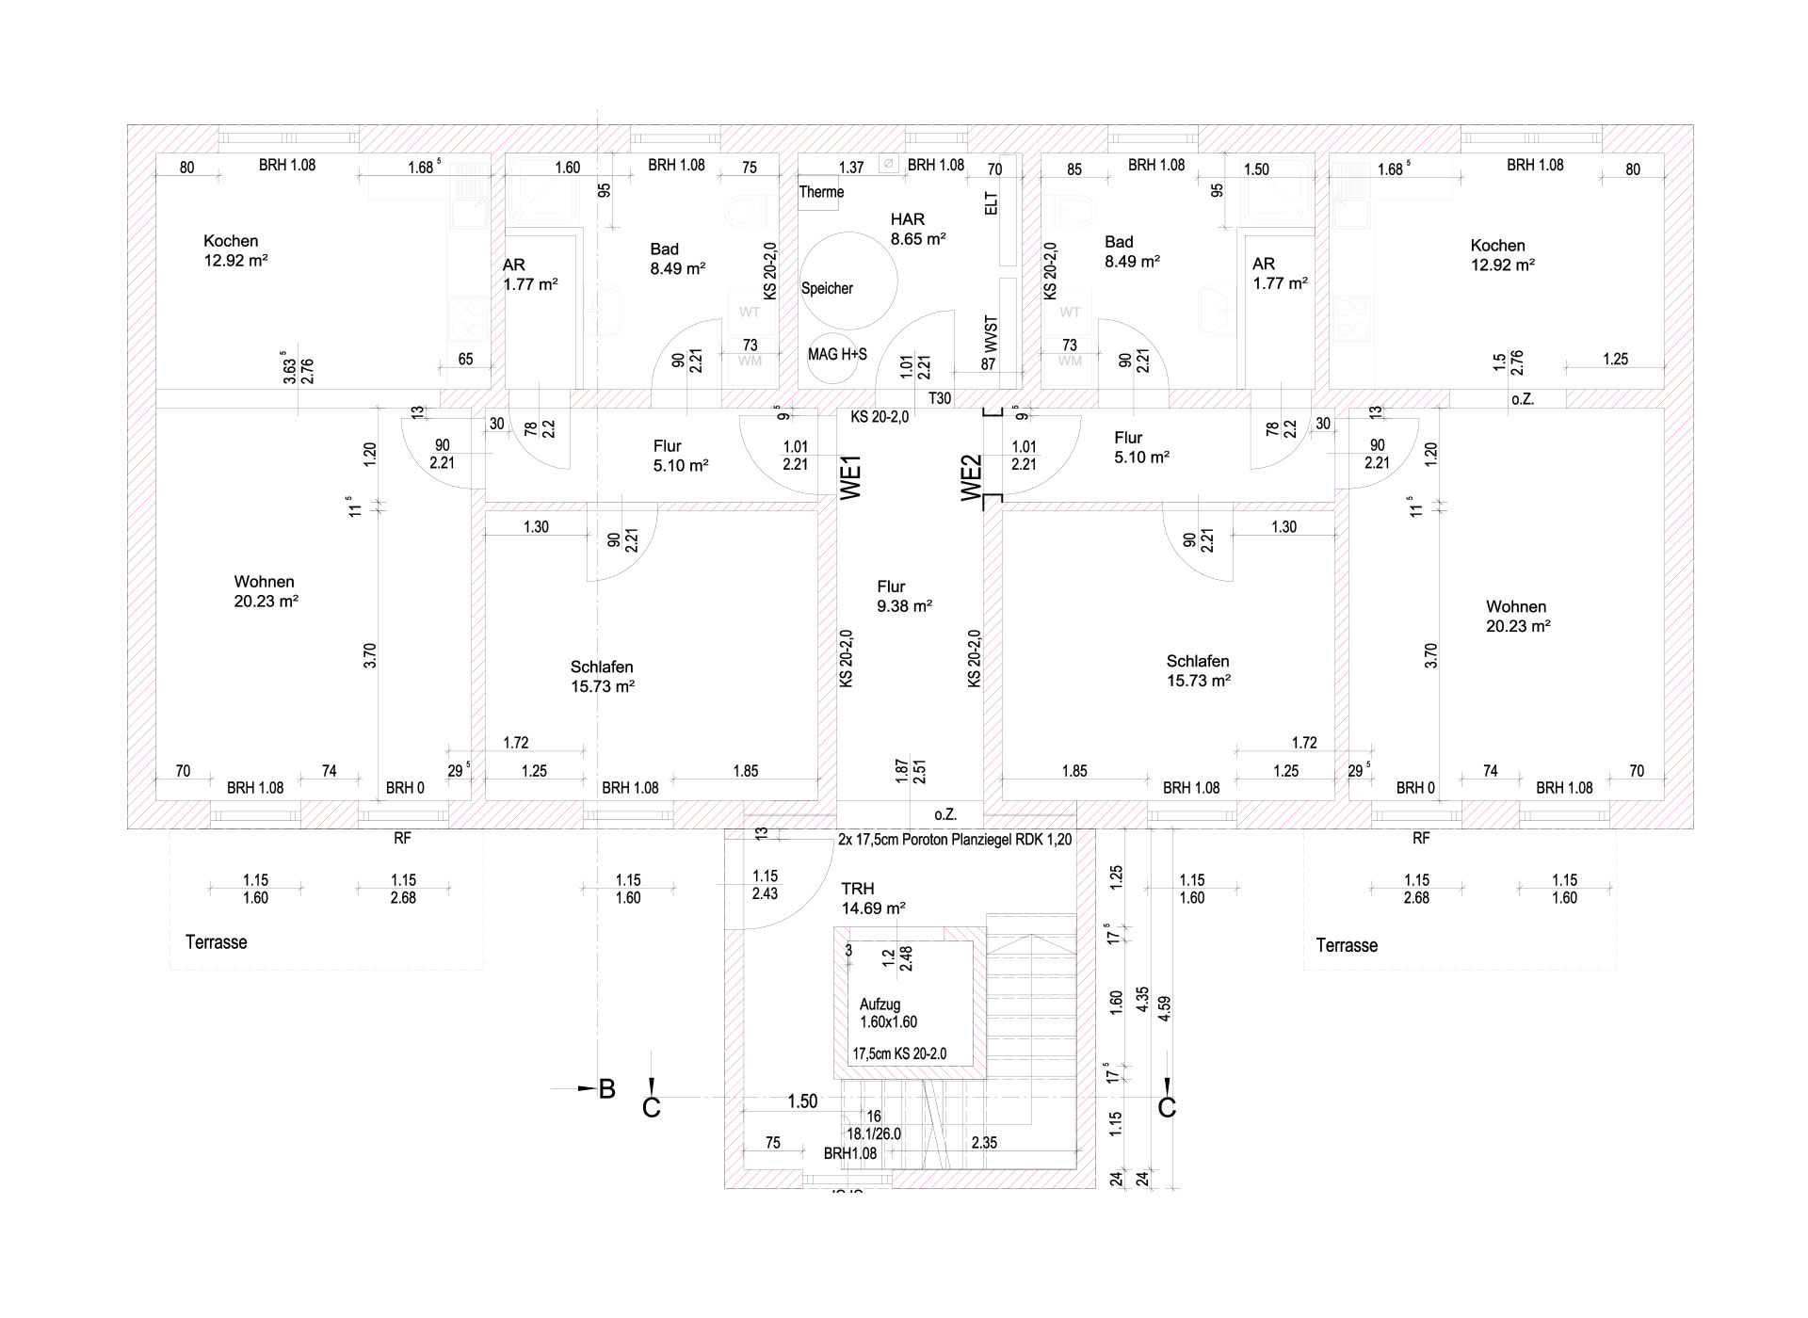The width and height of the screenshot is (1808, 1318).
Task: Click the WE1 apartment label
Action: [x=851, y=478]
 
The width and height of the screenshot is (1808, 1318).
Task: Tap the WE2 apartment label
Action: [x=972, y=478]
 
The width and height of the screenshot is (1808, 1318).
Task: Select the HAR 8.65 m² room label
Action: [x=917, y=229]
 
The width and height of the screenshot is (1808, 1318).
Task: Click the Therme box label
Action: [x=821, y=192]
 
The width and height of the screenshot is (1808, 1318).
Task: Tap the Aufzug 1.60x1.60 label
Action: [x=887, y=1013]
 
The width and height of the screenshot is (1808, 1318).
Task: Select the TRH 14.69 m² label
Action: [x=873, y=898]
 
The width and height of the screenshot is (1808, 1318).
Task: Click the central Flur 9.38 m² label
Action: [x=904, y=596]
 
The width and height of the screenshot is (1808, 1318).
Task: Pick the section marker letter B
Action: [x=607, y=1089]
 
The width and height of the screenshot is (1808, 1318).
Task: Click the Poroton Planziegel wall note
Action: [x=954, y=839]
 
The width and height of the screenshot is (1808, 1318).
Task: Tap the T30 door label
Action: [x=940, y=398]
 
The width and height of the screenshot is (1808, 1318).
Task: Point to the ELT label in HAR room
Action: [x=991, y=203]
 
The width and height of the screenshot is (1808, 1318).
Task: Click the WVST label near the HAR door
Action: [x=991, y=333]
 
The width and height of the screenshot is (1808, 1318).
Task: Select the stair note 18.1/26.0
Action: [x=873, y=1133]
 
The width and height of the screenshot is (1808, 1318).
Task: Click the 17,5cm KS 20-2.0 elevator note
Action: [x=898, y=1054]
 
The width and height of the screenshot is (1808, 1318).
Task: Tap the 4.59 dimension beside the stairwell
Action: [x=1165, y=1008]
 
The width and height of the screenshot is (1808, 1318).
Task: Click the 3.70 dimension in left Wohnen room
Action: [x=370, y=655]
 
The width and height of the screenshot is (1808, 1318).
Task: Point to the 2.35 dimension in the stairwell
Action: [x=984, y=1143]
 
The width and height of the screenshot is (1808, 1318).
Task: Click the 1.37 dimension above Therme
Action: [x=851, y=168]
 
